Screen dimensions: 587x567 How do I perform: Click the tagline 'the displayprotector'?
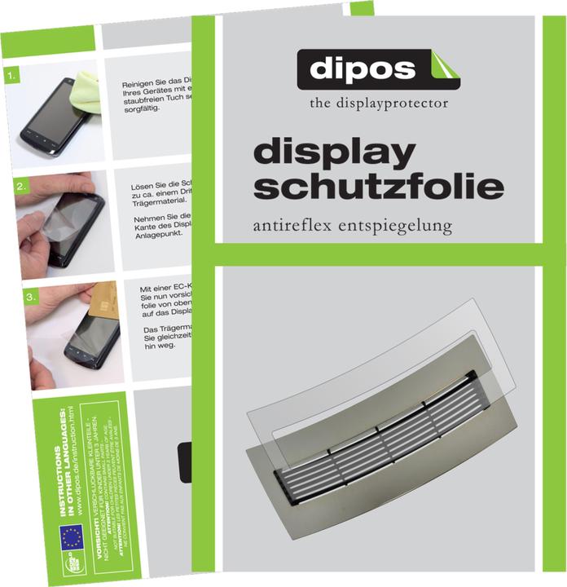point(378,104)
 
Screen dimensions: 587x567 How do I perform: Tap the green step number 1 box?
point(11,78)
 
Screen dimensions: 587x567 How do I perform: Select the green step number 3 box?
point(30,298)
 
